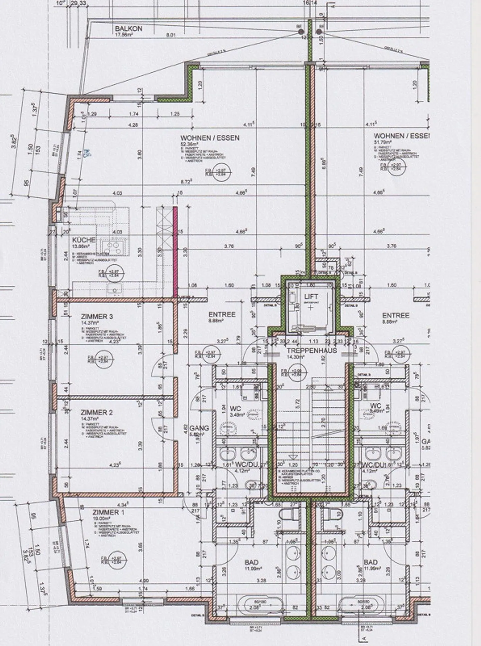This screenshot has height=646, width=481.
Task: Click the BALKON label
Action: point(129,29)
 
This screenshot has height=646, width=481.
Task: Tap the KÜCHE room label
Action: point(84,240)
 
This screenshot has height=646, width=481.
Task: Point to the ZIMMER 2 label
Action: point(97,413)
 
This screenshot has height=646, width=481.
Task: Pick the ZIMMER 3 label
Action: point(97,316)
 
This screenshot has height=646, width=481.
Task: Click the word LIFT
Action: point(311,296)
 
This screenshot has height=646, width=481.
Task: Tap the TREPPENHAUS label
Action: point(311,351)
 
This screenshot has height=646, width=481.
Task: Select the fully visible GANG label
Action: point(199,428)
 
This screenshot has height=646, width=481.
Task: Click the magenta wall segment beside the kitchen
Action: point(175,251)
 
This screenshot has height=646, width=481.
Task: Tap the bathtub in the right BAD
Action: point(360,605)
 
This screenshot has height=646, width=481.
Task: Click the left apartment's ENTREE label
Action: point(222,314)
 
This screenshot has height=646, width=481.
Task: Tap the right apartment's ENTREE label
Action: point(395,315)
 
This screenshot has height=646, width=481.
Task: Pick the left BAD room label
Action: point(252,562)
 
